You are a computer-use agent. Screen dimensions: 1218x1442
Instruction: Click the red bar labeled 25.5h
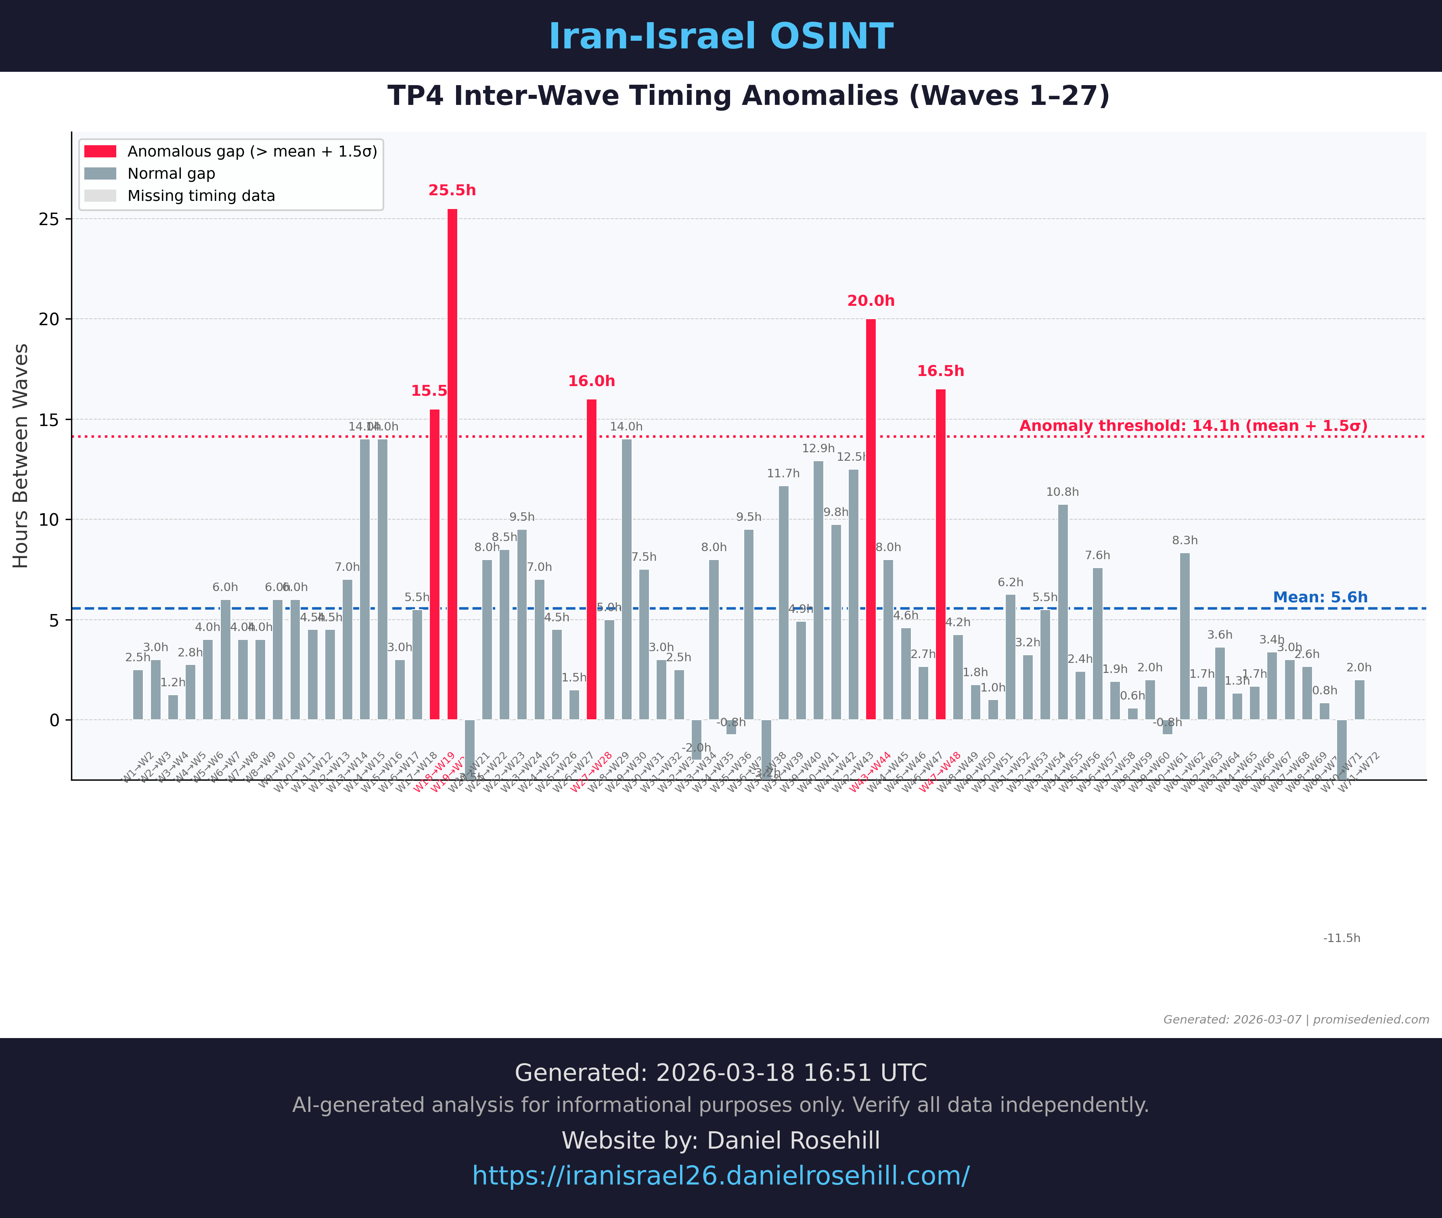pos(452,464)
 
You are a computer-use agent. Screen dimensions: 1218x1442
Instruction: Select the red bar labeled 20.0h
pos(871,519)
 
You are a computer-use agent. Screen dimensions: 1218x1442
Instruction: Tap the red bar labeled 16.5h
pos(941,554)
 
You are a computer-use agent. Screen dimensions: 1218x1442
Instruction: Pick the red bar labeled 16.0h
pos(592,559)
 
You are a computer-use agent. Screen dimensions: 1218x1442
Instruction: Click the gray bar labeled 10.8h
pos(1063,612)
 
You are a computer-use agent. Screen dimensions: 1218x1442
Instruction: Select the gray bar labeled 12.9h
pos(818,590)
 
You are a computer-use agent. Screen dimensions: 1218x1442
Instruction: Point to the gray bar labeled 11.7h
pos(784,603)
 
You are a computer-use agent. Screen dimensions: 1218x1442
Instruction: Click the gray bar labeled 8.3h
pos(1185,637)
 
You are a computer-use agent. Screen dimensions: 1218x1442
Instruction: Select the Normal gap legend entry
pos(171,174)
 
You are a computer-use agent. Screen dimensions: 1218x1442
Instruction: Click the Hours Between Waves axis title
pos(21,456)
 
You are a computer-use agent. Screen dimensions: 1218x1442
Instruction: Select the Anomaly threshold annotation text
pos(1193,426)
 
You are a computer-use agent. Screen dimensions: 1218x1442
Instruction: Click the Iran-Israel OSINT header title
pos(721,37)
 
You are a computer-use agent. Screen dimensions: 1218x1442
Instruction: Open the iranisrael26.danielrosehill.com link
pos(721,1175)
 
